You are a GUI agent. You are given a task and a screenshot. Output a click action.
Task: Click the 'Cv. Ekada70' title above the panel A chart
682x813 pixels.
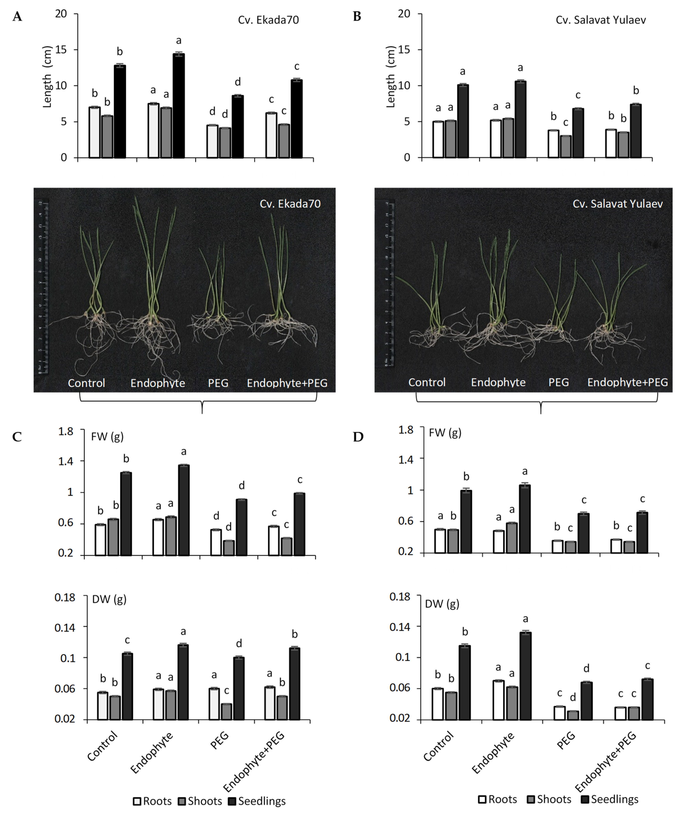268,20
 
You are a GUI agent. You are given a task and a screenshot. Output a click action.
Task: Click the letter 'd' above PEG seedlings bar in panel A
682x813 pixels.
238,82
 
